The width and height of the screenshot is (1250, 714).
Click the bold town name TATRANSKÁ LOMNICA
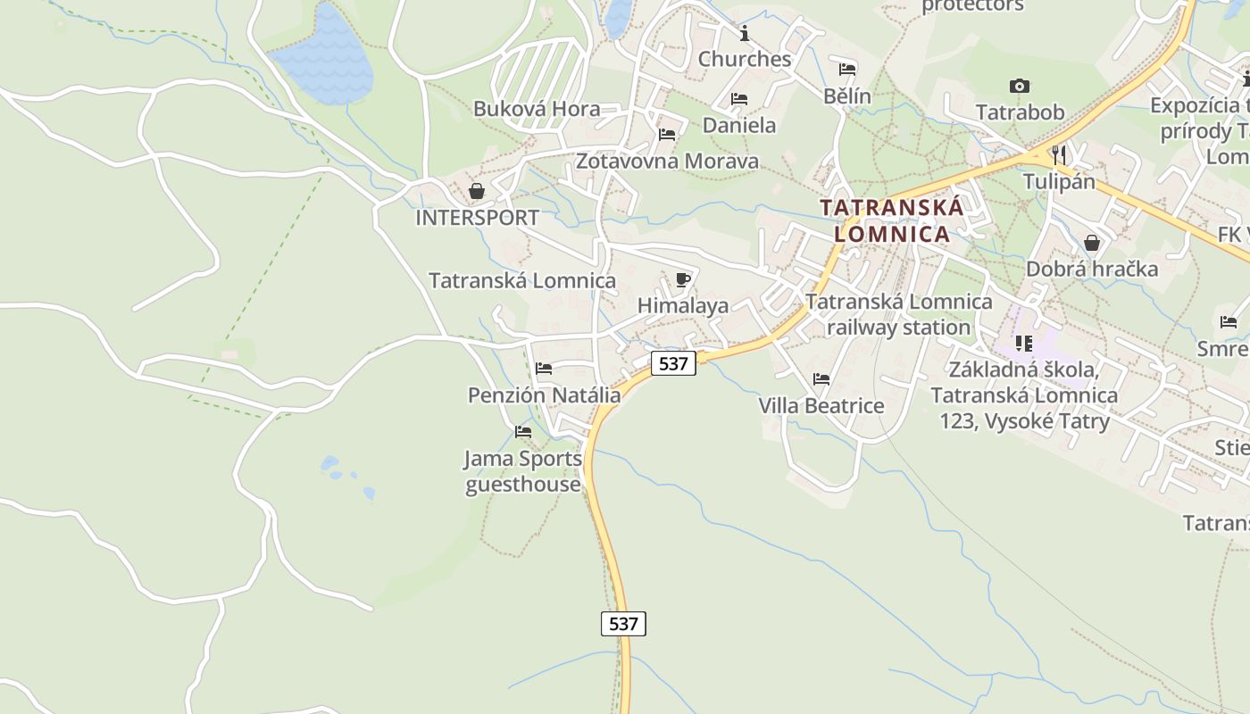point(893,220)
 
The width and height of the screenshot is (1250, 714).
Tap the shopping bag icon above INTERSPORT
point(477,191)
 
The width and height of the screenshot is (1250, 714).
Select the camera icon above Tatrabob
point(1019,87)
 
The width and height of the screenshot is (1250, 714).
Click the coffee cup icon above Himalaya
point(683,280)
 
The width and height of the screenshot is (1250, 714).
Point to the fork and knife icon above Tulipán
point(1059,154)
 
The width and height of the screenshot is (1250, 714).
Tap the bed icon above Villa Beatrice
point(821,379)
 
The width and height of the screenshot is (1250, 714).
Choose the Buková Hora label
point(537,109)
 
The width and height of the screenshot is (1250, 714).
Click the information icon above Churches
point(745,34)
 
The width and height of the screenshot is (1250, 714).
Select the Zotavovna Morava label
point(667,162)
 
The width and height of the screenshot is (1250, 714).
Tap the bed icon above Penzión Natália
point(544,369)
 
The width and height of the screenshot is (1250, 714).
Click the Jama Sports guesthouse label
point(523,471)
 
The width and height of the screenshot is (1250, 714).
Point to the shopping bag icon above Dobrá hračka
point(1091,243)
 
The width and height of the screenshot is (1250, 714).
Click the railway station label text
point(899,314)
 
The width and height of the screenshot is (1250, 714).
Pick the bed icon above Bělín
point(847,70)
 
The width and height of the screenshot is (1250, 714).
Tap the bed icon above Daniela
point(739,99)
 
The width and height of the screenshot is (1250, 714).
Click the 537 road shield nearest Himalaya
point(673,363)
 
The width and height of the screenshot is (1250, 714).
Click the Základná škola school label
point(1024,394)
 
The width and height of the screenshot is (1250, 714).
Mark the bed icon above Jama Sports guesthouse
point(523,432)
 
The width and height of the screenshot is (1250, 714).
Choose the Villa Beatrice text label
point(821,406)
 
